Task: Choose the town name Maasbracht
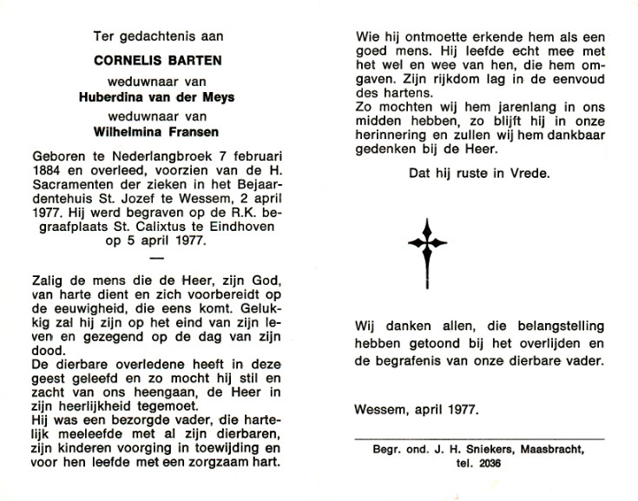coord(554,452)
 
